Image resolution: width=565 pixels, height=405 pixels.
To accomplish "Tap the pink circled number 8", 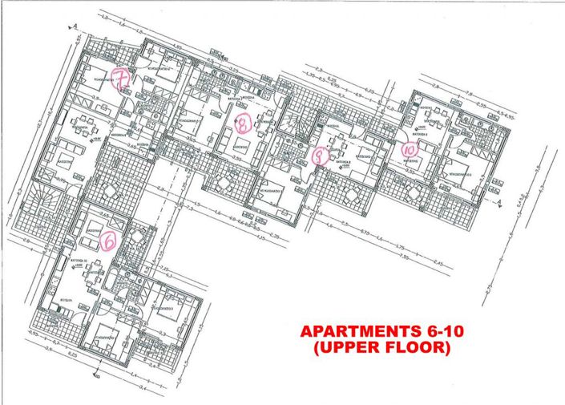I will point(244,122).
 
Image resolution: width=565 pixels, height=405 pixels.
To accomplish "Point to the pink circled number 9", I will point(319,156).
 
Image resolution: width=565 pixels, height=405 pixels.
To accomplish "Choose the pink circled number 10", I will point(409,148).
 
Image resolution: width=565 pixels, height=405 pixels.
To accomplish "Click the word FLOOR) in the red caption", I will point(421,349).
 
